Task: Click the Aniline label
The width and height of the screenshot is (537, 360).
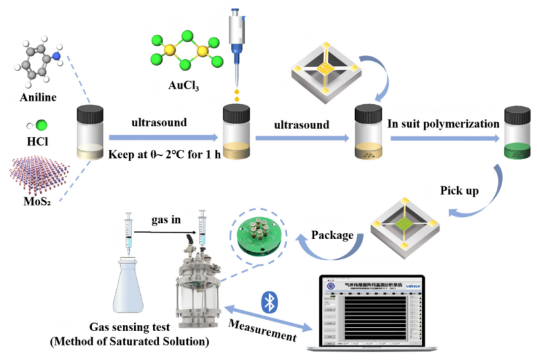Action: click(38, 98)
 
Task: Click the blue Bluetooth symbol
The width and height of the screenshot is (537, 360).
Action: click(269, 303)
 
